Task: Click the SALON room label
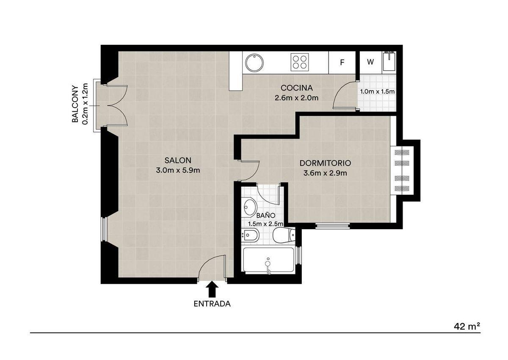point(178,161)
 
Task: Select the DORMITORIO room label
point(325,163)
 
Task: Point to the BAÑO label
point(266,215)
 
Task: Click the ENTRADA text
point(212,304)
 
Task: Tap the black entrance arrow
point(212,289)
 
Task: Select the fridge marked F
point(342,62)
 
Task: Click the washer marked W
point(370,62)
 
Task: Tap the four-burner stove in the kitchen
point(300,62)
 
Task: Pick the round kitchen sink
point(255,63)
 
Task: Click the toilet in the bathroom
point(284,235)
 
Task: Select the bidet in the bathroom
point(251,235)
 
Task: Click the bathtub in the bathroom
point(268,260)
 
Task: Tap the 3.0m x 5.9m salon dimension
point(178,170)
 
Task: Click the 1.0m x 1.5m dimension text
point(377,91)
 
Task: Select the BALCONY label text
point(75,104)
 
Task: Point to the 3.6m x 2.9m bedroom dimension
point(325,173)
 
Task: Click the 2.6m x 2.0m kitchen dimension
point(297,98)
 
